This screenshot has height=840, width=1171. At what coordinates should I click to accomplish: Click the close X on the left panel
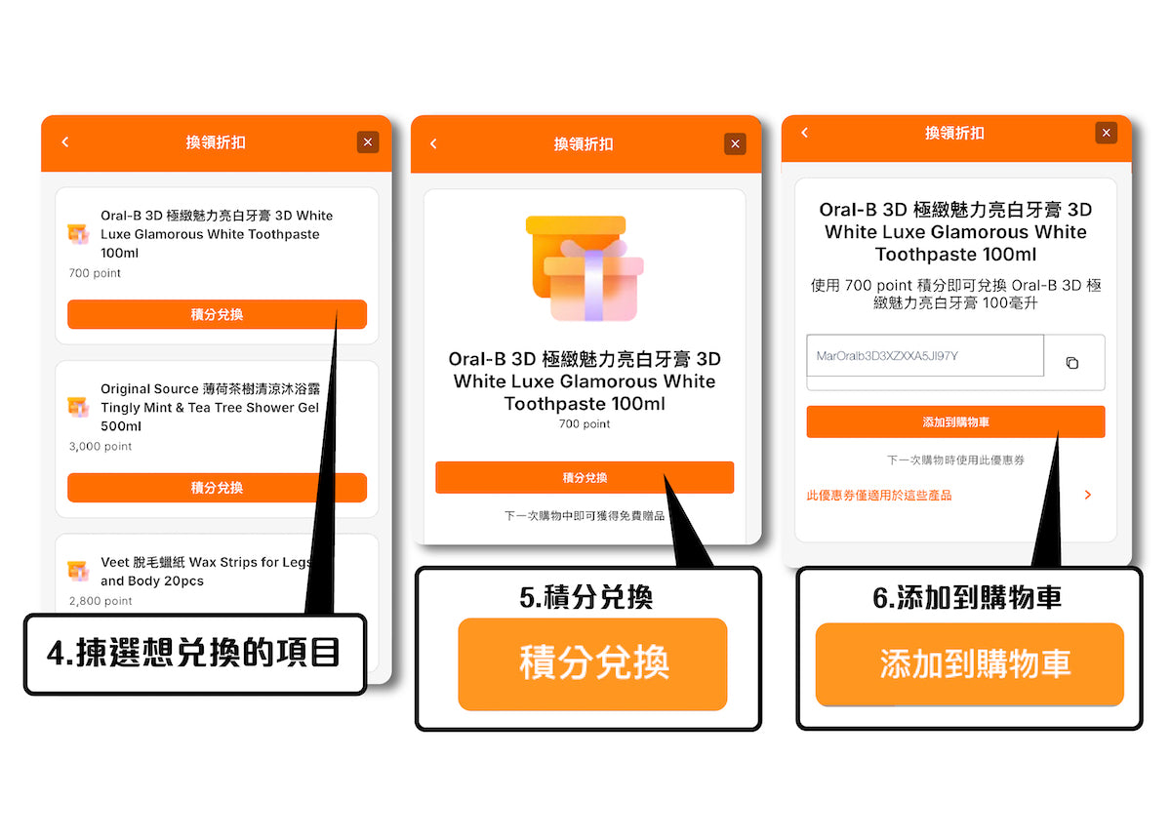(x=368, y=142)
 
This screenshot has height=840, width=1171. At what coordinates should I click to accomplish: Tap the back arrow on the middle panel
(x=433, y=143)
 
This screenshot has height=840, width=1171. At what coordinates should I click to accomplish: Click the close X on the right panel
(x=1107, y=133)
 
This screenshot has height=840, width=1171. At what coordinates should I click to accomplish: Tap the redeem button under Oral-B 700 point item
(x=217, y=314)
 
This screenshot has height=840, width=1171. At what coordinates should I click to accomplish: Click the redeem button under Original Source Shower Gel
(x=217, y=488)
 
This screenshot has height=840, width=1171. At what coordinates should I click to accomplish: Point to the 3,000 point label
(x=101, y=447)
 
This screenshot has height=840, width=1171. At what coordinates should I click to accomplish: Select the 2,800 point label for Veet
(x=101, y=601)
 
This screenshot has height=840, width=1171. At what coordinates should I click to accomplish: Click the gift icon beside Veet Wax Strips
(x=78, y=571)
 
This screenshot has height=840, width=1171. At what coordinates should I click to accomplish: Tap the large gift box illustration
(x=585, y=268)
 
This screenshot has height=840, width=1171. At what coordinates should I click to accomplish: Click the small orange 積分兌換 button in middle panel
(x=585, y=477)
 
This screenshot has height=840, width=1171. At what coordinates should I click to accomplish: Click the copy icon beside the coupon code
(x=1072, y=363)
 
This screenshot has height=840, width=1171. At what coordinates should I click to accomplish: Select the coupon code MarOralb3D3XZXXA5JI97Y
(x=887, y=356)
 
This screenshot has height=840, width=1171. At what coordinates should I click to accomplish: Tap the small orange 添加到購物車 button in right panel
(x=955, y=421)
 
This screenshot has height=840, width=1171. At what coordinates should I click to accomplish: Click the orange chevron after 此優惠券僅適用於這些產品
(x=1088, y=495)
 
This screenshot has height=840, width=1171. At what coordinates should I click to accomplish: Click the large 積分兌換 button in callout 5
(x=593, y=663)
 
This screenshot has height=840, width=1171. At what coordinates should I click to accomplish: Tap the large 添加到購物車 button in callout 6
(x=970, y=663)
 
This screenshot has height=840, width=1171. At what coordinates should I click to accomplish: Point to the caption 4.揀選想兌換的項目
(x=193, y=653)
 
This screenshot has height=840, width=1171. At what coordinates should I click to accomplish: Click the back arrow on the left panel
(x=65, y=142)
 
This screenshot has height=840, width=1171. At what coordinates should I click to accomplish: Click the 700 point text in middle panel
(x=585, y=424)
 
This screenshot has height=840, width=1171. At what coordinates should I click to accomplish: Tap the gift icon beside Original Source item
(x=78, y=407)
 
